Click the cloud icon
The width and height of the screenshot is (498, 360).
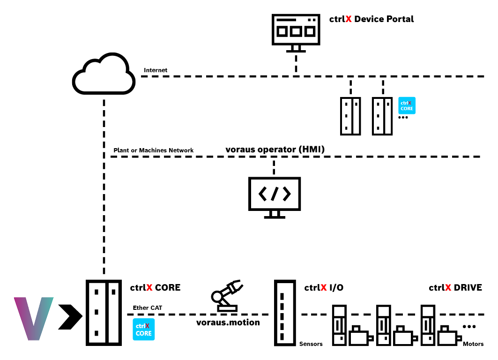point(104,75)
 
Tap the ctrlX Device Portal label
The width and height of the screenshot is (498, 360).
point(372,19)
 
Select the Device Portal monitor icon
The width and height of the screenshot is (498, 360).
point(296,32)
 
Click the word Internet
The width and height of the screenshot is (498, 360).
point(156,70)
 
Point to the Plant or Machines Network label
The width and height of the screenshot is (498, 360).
point(153,150)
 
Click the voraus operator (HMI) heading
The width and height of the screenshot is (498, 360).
point(275,150)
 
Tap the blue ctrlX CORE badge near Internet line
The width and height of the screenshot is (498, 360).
point(407,105)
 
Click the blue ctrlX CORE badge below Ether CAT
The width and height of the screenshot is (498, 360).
point(143,330)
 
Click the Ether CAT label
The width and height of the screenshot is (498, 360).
point(148,308)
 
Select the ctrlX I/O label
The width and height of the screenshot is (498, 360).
point(324,288)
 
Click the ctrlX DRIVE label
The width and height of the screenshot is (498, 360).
point(455,288)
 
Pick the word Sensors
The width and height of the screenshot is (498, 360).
point(311,344)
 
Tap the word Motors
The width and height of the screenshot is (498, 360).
point(473,344)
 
